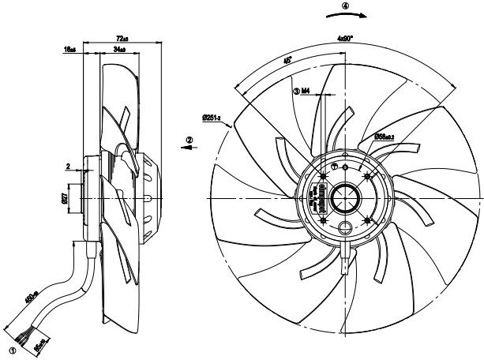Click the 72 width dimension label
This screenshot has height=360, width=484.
[122, 38]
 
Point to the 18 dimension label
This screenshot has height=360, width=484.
[69, 50]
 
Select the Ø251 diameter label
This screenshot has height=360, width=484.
[212, 118]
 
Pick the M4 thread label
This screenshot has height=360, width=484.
[302, 92]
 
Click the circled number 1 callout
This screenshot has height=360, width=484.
[12, 346]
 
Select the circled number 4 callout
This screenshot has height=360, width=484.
[344, 6]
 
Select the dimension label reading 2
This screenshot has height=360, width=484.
[69, 167]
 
